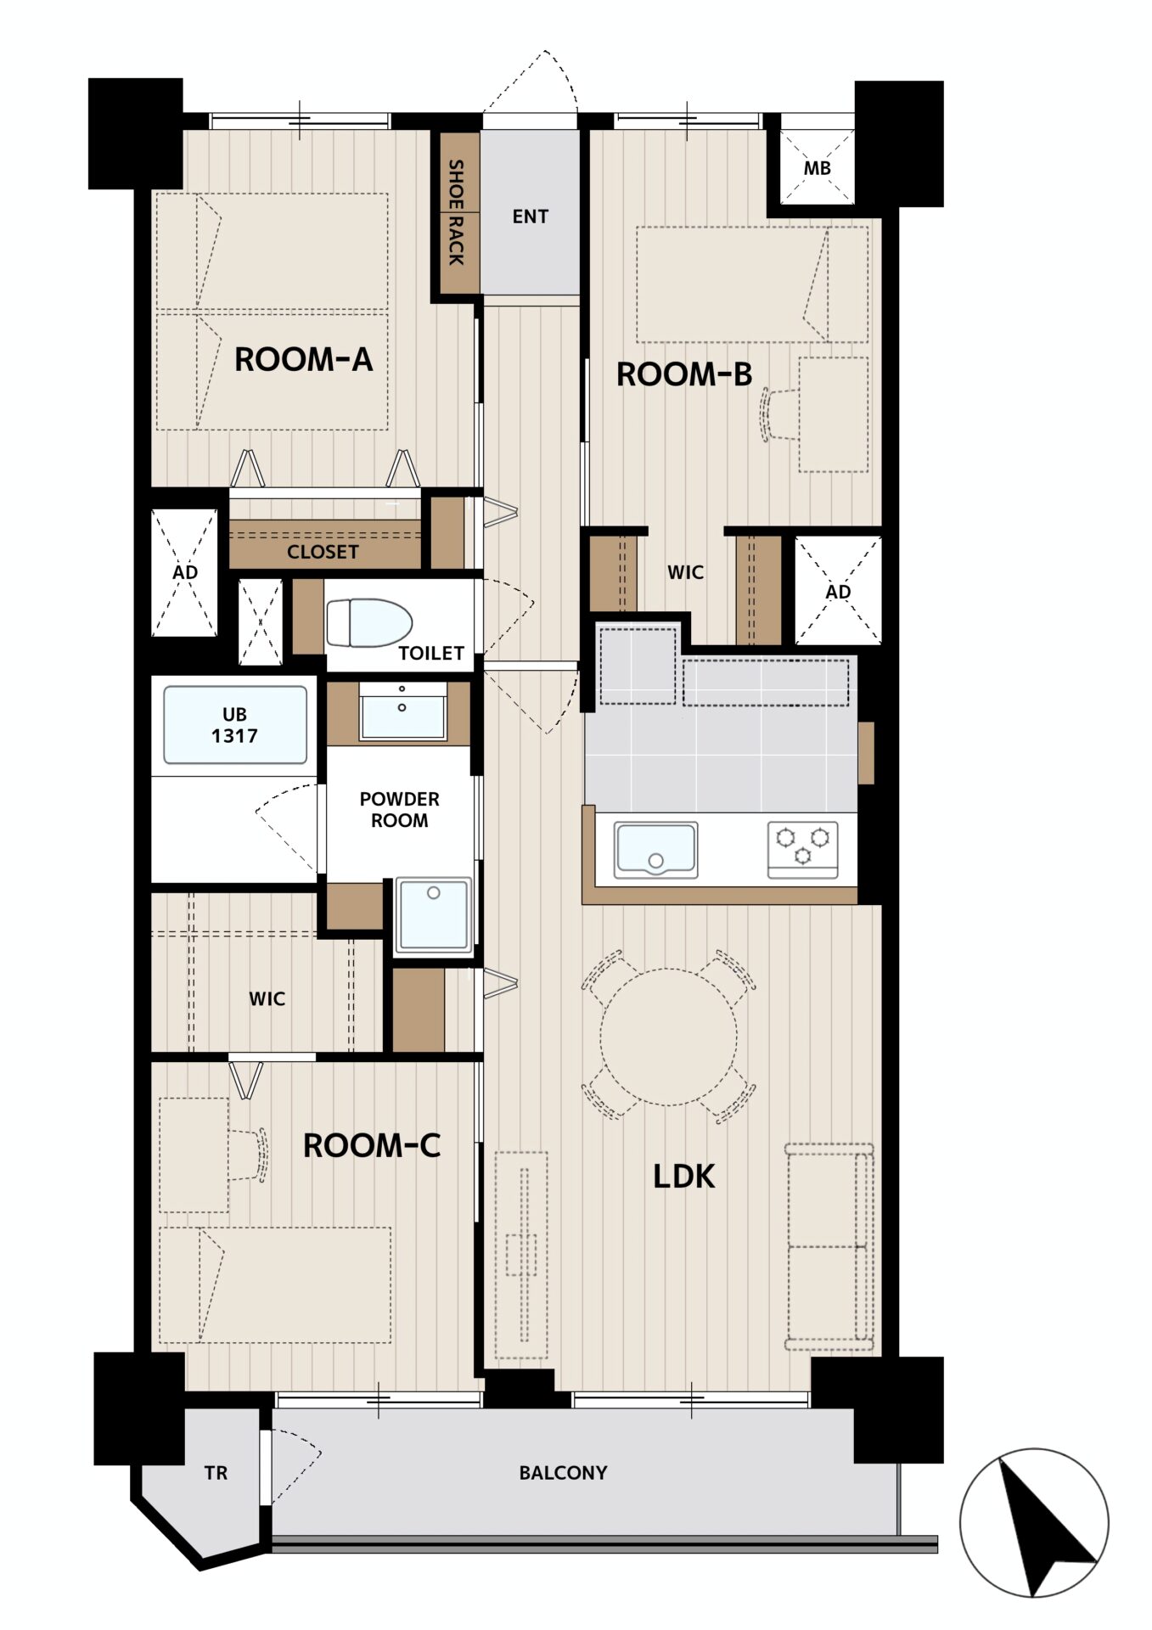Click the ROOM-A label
pos(303,359)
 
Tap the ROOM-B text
pos(684,374)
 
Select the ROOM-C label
pos(372,1146)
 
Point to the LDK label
pos(684,1177)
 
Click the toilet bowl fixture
pos(369,623)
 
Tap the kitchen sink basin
pos(656,848)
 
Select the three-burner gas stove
pos(803,848)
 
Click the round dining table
pos(669,1037)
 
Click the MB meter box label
pos(817,168)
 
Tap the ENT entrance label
pos(531,217)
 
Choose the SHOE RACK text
pos(457,212)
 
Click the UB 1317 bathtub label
pos(234,725)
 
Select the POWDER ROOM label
pos(400,810)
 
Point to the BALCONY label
pos(564,1473)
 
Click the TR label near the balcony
pos(216,1474)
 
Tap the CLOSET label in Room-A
pos(323,552)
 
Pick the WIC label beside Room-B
pos(685,572)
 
